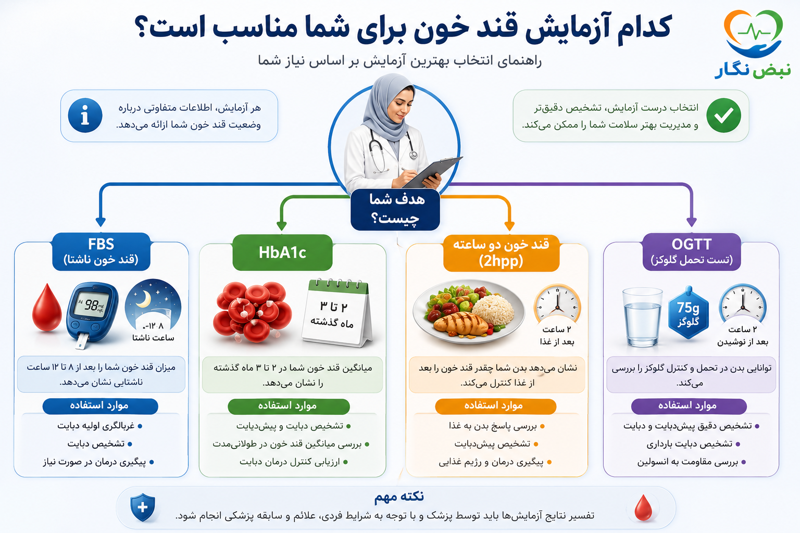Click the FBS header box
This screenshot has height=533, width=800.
101,252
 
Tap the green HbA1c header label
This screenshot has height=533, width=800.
282,252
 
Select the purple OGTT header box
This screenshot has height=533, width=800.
692,252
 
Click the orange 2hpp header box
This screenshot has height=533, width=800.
501,253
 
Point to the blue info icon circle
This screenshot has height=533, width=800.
85,116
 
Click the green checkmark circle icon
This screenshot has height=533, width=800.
723,116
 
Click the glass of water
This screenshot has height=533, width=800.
642,317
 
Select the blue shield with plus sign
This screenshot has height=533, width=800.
143,507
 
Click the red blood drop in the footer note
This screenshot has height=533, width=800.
643,507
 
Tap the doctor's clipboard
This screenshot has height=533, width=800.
433,172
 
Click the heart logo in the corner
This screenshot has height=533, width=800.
754,33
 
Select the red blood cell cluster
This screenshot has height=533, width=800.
253,312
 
